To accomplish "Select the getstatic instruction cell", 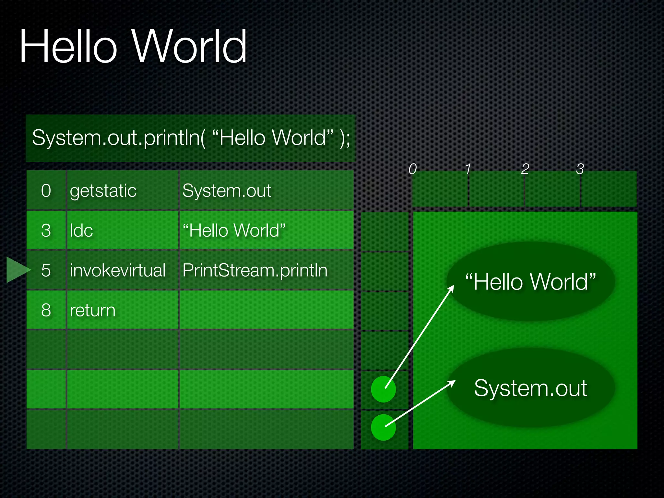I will [103, 191].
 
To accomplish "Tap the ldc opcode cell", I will [81, 231].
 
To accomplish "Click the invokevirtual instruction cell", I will [117, 270].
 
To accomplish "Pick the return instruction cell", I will [92, 310].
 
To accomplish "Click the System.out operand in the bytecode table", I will [227, 191].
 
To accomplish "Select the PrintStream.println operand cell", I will [255, 270].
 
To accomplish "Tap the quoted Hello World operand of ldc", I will [234, 231].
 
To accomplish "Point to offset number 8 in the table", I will [46, 310].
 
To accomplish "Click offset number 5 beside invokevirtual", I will [46, 270].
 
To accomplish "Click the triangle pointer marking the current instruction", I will [17, 270].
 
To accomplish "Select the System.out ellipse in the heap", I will [530, 388].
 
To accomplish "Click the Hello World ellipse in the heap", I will [530, 281].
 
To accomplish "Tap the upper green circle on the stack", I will [383, 389].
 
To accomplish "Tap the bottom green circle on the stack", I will [383, 427].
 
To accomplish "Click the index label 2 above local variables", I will [525, 169].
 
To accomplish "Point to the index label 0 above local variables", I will [412, 169].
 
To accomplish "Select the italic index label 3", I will [580, 169].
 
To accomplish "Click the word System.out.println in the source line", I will [118, 138].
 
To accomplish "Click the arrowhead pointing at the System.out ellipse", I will [452, 383].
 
